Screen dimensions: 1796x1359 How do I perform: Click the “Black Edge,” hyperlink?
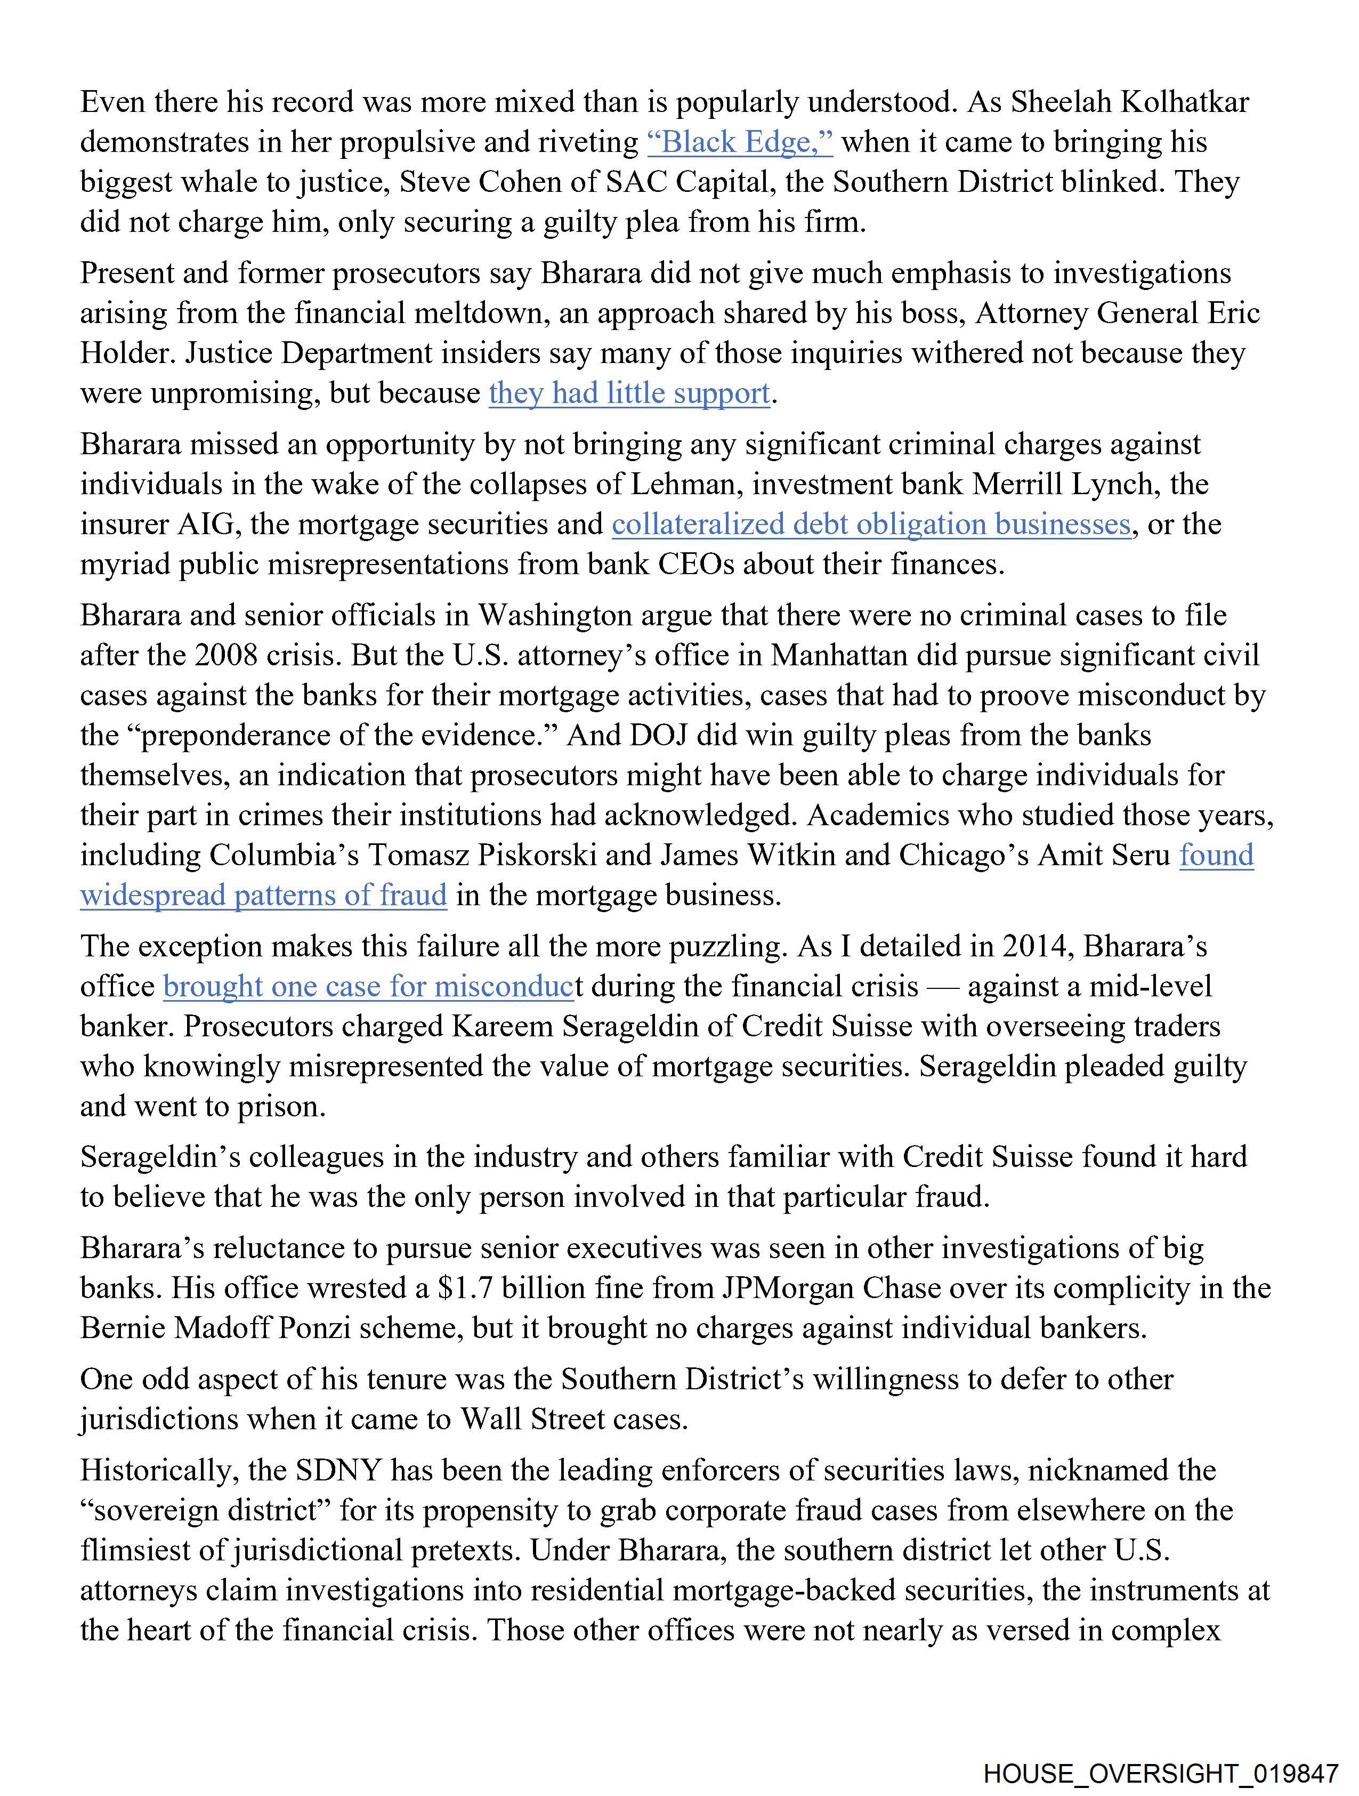click(740, 142)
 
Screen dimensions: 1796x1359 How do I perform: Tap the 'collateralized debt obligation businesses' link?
click(871, 525)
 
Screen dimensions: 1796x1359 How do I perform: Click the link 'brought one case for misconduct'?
click(369, 987)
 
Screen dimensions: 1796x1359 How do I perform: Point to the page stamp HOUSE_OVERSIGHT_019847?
click(1160, 1773)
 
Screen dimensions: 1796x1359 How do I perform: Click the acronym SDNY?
click(337, 1470)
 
